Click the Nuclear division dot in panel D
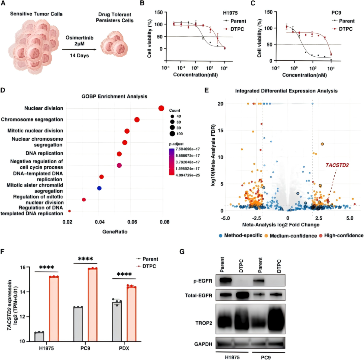[x=161, y=108]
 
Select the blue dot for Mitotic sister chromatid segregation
[x=99, y=188]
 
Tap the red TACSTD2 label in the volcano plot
[x=337, y=165]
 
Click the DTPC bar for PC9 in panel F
[x=93, y=305]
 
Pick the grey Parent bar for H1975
[x=39, y=337]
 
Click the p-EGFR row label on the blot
[x=203, y=281]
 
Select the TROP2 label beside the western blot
[x=204, y=323]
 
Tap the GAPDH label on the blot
[x=203, y=344]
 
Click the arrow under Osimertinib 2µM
[x=79, y=50]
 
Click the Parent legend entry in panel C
[x=343, y=21]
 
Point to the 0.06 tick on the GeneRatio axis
[x=132, y=222]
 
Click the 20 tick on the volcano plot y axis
[x=220, y=104]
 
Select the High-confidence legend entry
[x=341, y=236]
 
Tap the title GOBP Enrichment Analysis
[x=114, y=96]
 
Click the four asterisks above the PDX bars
[x=124, y=275]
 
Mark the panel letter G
[x=182, y=251]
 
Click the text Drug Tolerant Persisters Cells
[x=115, y=18]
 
